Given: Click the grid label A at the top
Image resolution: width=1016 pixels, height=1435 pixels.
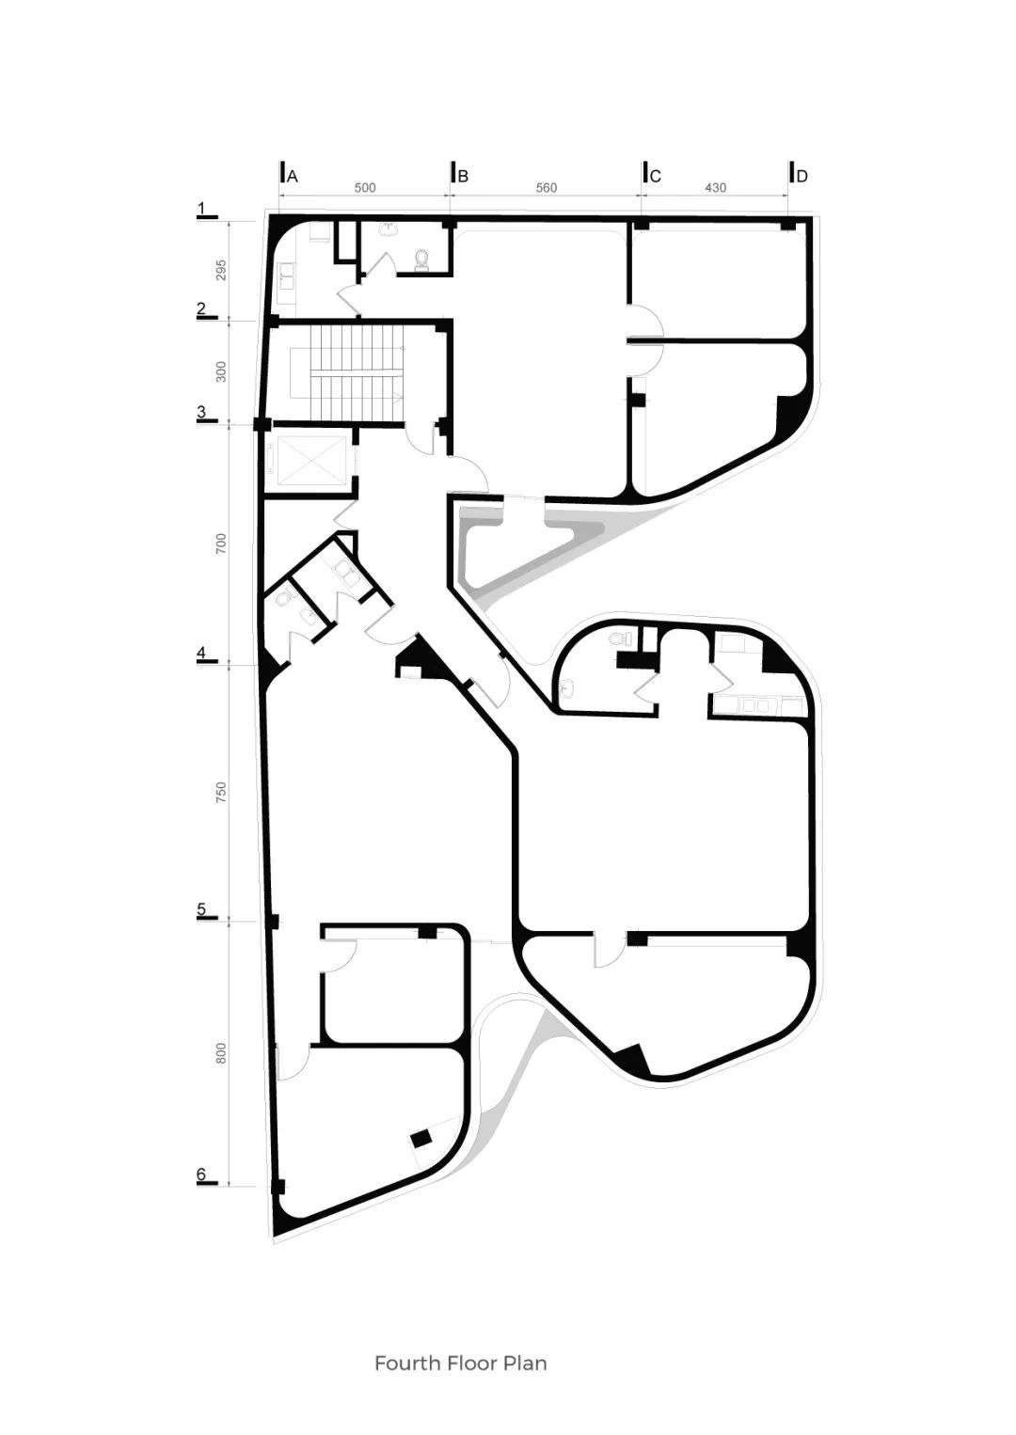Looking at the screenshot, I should point(293,176).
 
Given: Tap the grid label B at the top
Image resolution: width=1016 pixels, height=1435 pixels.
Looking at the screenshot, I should point(463,176).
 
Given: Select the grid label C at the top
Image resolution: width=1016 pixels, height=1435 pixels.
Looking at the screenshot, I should point(655,176).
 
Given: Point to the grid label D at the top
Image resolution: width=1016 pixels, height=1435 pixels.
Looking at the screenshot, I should point(802,176).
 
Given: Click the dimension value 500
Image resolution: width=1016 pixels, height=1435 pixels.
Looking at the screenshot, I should point(364,188).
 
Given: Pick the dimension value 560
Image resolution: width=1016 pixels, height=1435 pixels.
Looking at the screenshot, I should point(546,188).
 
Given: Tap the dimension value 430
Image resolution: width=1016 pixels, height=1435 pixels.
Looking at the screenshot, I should point(715,188).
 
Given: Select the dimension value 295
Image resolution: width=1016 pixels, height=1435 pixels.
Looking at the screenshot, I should point(221,270).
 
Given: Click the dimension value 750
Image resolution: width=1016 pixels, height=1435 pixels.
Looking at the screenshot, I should point(221,792).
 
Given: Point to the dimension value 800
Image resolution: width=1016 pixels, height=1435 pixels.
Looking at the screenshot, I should point(221,1054).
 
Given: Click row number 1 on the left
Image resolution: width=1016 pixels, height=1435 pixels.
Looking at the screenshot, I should point(200,208).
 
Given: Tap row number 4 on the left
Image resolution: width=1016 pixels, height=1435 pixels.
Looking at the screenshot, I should point(200,654).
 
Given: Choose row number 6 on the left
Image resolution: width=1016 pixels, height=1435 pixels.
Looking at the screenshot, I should point(200,1175).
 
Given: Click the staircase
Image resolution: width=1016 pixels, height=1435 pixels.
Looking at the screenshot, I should point(347,372).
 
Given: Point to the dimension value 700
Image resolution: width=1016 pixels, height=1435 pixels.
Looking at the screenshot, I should point(221,543).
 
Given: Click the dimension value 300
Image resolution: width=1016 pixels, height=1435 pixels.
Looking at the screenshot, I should point(221,371).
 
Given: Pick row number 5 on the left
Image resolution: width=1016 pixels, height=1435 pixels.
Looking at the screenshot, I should point(200,910).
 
